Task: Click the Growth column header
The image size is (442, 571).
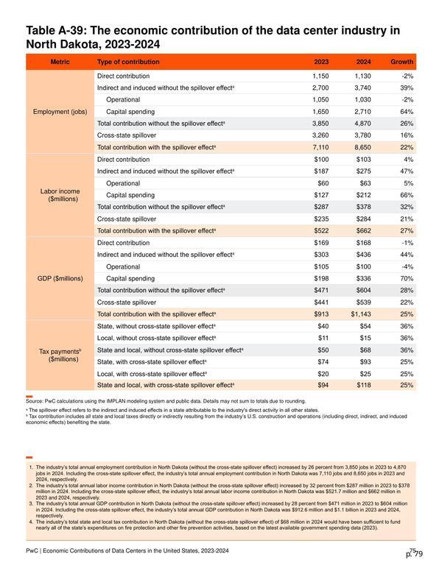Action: (401, 62)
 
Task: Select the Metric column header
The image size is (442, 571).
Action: (60, 62)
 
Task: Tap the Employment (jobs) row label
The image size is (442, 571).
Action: (60, 112)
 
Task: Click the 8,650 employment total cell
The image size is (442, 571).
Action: (362, 147)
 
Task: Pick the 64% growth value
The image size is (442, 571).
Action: (407, 112)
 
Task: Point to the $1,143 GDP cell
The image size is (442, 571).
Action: (361, 314)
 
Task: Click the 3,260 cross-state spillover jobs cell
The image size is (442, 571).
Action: (320, 135)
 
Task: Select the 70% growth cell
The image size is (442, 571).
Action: (407, 279)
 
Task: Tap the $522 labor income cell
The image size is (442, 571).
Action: (321, 231)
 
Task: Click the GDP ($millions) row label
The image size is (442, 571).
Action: (60, 279)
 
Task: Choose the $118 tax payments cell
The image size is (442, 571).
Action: (364, 386)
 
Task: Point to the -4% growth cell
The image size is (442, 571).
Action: (407, 267)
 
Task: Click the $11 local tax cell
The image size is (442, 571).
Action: (323, 338)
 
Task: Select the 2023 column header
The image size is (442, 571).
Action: (321, 62)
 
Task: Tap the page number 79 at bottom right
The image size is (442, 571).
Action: (418, 554)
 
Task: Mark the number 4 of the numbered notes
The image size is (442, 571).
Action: (31, 522)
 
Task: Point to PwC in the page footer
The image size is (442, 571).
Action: (32, 550)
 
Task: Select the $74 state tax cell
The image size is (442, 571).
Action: (323, 362)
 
